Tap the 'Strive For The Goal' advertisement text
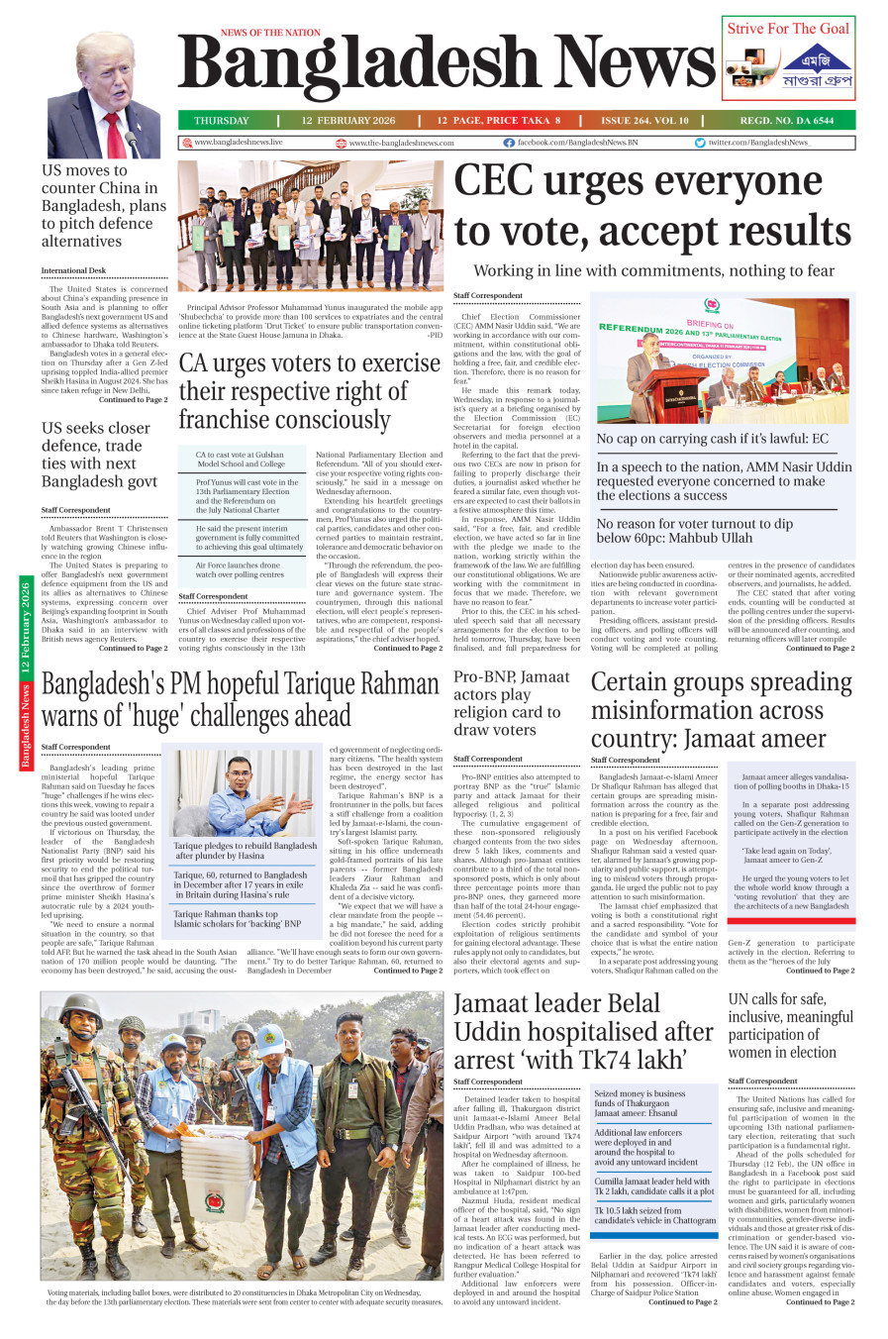point(788,29)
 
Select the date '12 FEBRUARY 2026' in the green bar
point(348,121)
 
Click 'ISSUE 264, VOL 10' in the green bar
point(644,121)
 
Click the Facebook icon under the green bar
point(509,143)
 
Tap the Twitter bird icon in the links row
point(700,143)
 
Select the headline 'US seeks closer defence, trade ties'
point(99,455)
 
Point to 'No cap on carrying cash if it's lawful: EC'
point(712,439)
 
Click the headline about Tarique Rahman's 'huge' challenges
point(240,700)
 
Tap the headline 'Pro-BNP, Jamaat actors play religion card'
point(511,703)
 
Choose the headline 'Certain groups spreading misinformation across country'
point(721,710)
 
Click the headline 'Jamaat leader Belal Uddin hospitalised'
point(583,1032)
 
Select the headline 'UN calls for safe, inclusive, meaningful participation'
point(790,1026)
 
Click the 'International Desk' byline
point(73,270)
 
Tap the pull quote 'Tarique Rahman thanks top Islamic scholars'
point(238,919)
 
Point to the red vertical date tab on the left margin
point(26,673)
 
